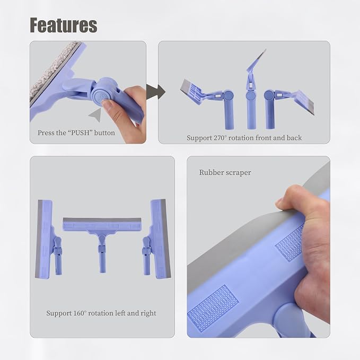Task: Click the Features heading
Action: [x=64, y=25]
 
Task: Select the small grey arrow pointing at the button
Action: [x=95, y=115]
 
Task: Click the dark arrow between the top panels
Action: [x=156, y=92]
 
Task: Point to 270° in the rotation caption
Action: [x=220, y=138]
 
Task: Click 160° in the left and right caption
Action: [x=80, y=313]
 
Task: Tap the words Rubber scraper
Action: [x=225, y=172]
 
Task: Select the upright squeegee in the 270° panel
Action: [x=252, y=90]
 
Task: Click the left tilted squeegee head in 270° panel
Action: [x=191, y=91]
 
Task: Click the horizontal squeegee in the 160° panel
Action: [x=102, y=239]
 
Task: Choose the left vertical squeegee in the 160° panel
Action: [x=48, y=239]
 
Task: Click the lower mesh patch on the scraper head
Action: [x=213, y=308]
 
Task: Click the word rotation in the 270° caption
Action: [x=241, y=138]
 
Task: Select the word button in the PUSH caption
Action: [x=104, y=133]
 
